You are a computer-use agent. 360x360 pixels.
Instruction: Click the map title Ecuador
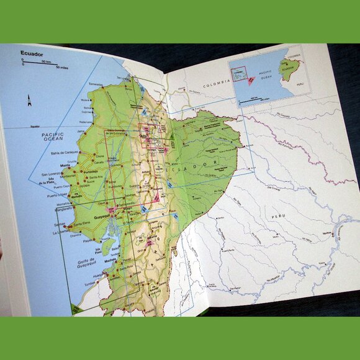click(x=32, y=53)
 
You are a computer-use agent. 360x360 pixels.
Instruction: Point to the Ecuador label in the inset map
click(x=289, y=69)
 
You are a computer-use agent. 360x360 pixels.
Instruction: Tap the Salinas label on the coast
click(x=60, y=224)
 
